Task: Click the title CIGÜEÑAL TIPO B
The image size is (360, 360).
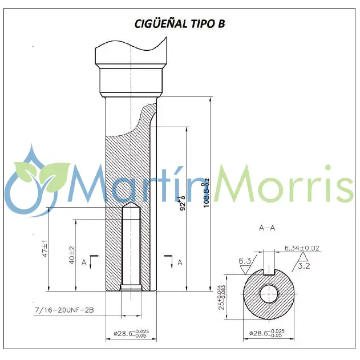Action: pos(180,23)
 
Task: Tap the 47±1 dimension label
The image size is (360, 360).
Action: pos(44,252)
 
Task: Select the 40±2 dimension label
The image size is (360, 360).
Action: pos(71,255)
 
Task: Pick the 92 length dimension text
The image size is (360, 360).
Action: pos(183,204)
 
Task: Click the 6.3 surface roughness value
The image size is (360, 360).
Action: pos(245,261)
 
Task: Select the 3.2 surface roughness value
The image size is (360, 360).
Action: pos(304,266)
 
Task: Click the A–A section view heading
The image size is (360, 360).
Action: pos(267,228)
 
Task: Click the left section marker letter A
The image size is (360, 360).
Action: pos(84,262)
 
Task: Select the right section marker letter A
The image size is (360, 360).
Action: pos(180,262)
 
